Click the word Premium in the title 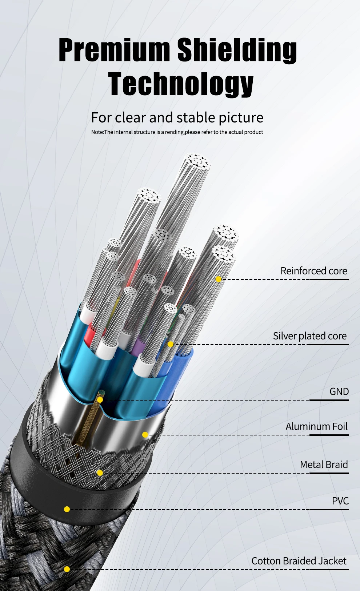[114, 50]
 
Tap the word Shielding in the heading [237, 50]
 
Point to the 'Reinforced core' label [313, 271]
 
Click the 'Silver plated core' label [310, 336]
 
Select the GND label [339, 392]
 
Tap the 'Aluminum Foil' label [316, 426]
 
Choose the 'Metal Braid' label [324, 465]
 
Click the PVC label [340, 501]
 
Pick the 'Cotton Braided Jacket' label [299, 561]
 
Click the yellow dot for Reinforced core [219, 279]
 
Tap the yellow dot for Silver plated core [171, 344]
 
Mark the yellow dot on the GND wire [100, 400]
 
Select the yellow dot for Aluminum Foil [145, 435]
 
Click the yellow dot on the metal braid [100, 473]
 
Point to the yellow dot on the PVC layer [67, 509]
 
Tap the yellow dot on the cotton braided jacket [67, 569]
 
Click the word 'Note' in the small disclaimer [97, 132]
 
